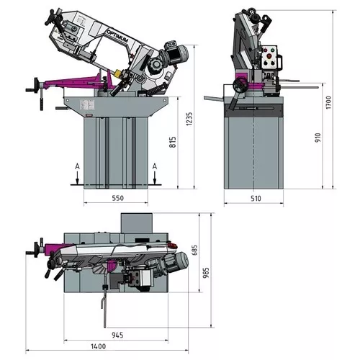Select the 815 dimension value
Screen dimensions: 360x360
pyautogui.click(x=172, y=142)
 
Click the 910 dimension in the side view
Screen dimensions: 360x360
pyautogui.click(x=318, y=137)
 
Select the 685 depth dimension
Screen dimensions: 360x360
pyautogui.click(x=195, y=251)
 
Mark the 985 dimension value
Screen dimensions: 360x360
pyautogui.click(x=206, y=274)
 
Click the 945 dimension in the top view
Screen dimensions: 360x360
pyautogui.click(x=117, y=334)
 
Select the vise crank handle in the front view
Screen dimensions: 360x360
pyautogui.click(x=33, y=85)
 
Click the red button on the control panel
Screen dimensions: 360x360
pyautogui.click(x=271, y=51)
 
